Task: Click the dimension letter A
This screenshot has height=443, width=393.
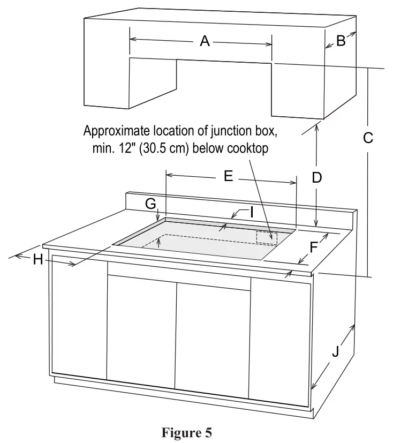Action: point(204,41)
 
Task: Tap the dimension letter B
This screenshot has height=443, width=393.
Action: point(341,41)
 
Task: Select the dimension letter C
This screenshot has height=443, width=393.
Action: point(368,138)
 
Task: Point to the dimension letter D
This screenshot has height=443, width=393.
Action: point(317,178)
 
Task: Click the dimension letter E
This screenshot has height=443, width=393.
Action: point(229,176)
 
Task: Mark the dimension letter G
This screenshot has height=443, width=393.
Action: point(150,204)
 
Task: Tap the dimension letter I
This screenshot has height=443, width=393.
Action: point(250,213)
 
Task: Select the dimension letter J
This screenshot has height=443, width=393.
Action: point(335,352)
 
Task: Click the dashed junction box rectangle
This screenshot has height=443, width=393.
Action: point(267,237)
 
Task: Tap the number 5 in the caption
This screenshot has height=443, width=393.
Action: point(208,432)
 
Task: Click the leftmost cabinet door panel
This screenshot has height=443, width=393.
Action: point(79,316)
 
